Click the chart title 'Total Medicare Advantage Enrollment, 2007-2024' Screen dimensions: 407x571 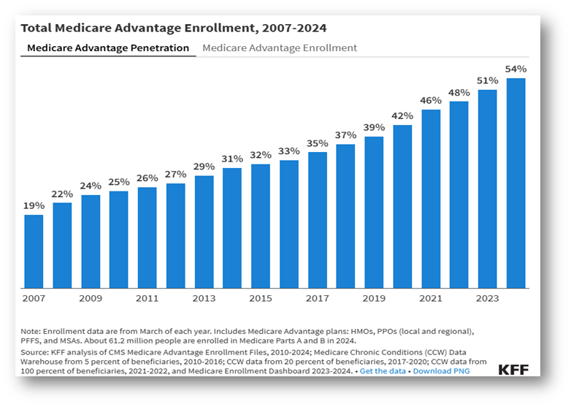tap(173, 28)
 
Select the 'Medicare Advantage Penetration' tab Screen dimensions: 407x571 tap(108, 48)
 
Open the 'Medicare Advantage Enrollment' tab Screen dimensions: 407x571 tap(280, 48)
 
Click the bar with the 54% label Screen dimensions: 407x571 tap(516, 183)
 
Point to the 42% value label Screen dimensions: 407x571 tap(402, 115)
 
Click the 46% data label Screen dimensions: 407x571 tap(431, 100)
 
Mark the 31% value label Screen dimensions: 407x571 tap(232, 159)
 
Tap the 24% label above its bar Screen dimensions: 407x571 tap(91, 186)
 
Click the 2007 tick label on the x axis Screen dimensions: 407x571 tap(34, 298)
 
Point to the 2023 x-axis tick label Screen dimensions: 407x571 tap(488, 298)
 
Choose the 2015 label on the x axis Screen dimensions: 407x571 tap(261, 298)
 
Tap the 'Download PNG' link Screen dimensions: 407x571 tap(442, 371)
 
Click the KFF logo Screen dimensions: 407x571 tap(513, 369)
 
